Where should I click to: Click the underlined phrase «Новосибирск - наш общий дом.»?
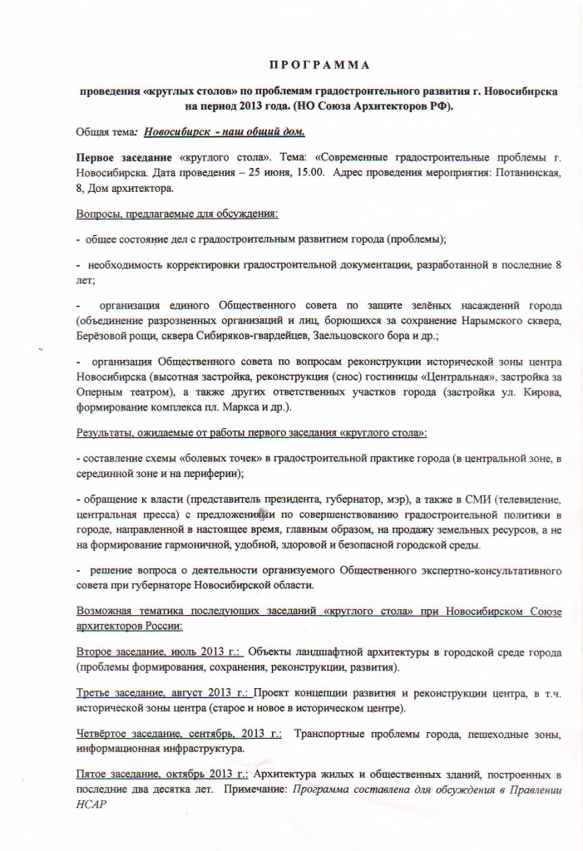(224, 131)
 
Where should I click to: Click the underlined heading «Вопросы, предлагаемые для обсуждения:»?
(177, 214)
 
